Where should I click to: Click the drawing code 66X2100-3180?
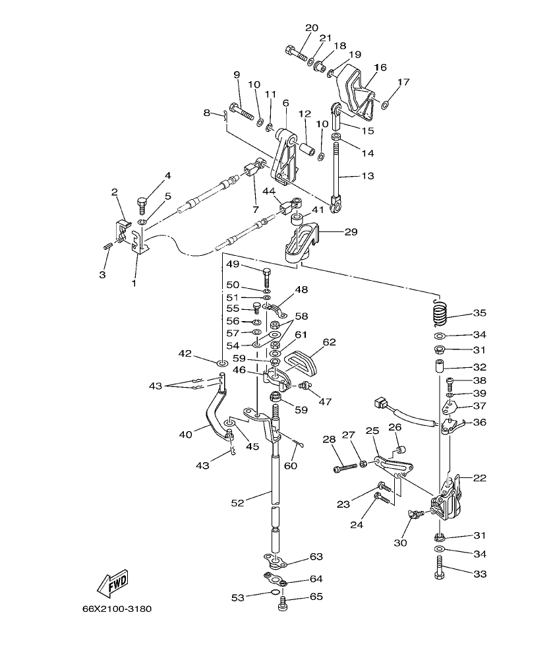pyautogui.click(x=117, y=609)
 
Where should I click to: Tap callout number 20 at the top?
pyautogui.click(x=312, y=28)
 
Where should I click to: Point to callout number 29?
pyautogui.click(x=350, y=232)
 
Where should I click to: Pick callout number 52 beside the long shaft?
pyautogui.click(x=237, y=503)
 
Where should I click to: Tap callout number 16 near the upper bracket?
pyautogui.click(x=380, y=68)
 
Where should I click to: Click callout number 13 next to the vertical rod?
pyautogui.click(x=366, y=176)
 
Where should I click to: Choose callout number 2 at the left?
pyautogui.click(x=114, y=193)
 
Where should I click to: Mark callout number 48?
pyautogui.click(x=301, y=289)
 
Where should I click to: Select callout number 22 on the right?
pyautogui.click(x=479, y=478)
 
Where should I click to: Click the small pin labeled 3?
pyautogui.click(x=108, y=247)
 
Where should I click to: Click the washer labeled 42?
pyautogui.click(x=223, y=362)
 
